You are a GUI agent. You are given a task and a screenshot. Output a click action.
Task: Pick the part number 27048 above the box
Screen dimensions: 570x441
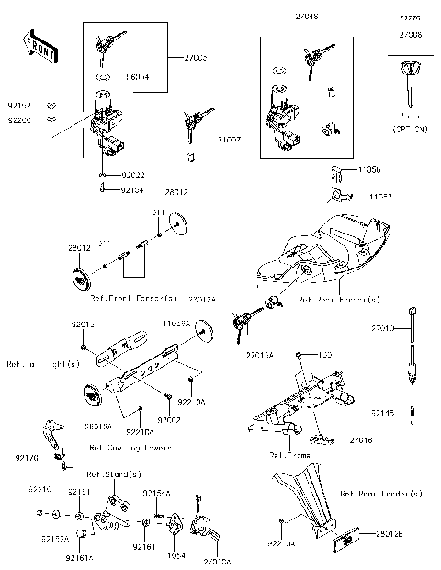coord(283,17)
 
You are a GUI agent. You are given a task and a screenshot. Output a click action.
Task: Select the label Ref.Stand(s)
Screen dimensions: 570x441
coord(113,475)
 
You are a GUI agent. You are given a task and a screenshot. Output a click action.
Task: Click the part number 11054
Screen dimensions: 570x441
coord(173,557)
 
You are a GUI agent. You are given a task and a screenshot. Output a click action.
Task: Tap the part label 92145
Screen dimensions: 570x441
coord(385,414)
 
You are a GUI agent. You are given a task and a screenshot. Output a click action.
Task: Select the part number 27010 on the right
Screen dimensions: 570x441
coord(384,328)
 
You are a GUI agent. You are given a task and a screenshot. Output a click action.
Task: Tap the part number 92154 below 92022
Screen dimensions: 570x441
coord(134,190)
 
